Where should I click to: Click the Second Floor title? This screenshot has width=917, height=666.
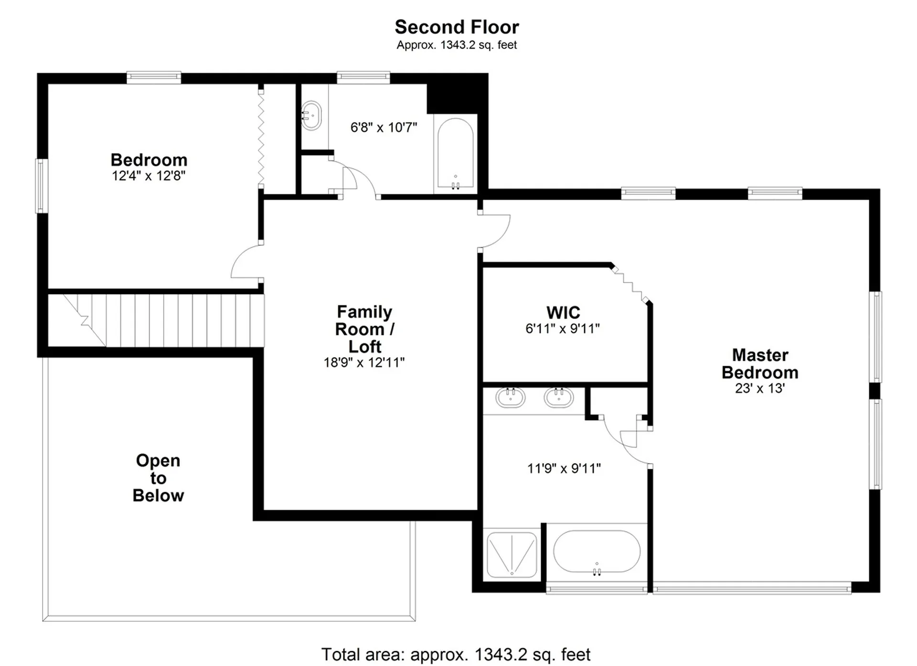pyautogui.click(x=457, y=27)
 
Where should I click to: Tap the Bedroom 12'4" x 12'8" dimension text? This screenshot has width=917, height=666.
pyautogui.click(x=149, y=176)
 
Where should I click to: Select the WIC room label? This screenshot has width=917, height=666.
pyautogui.click(x=563, y=313)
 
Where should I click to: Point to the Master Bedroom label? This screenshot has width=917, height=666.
pyautogui.click(x=760, y=364)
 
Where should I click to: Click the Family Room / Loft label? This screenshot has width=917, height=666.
pyautogui.click(x=364, y=329)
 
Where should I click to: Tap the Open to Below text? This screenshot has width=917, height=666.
pyautogui.click(x=158, y=478)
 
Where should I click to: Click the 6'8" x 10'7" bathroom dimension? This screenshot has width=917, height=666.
pyautogui.click(x=384, y=127)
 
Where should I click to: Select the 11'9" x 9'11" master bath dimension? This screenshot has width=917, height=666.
pyautogui.click(x=564, y=468)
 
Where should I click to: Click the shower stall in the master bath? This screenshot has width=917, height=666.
pyautogui.click(x=512, y=555)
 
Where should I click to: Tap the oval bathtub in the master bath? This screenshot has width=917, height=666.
pyautogui.click(x=597, y=551)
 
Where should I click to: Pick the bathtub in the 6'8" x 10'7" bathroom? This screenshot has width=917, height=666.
pyautogui.click(x=456, y=154)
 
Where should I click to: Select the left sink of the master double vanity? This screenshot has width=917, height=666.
pyautogui.click(x=511, y=397)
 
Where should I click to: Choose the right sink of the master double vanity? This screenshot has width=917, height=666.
pyautogui.click(x=559, y=397)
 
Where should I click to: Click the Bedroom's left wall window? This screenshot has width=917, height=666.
pyautogui.click(x=42, y=186)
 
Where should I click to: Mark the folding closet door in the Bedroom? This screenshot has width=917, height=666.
pyautogui.click(x=261, y=138)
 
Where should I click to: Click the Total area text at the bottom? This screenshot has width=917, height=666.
pyautogui.click(x=456, y=654)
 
